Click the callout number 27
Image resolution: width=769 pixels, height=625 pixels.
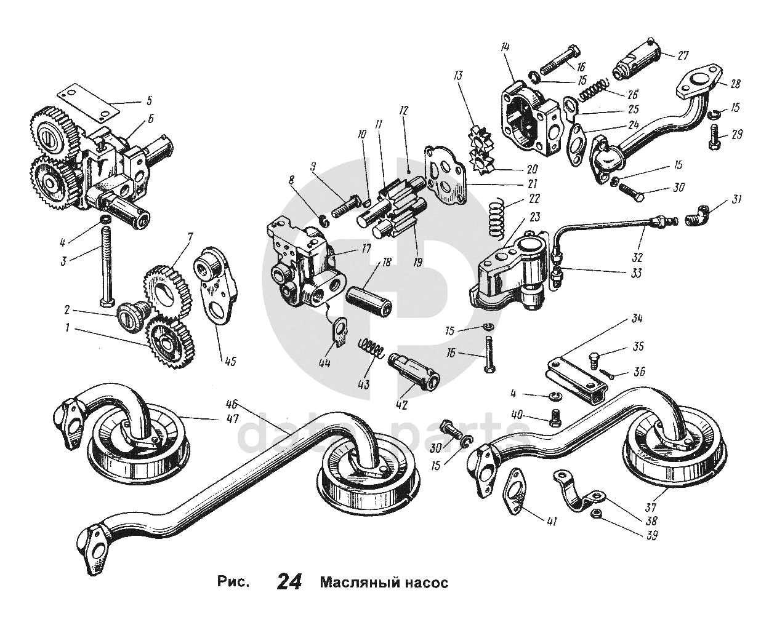click(683, 55)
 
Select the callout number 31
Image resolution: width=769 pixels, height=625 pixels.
click(736, 199)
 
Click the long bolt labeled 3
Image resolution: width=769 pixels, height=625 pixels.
click(105, 268)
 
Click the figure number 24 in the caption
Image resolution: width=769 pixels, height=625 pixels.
click(289, 581)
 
